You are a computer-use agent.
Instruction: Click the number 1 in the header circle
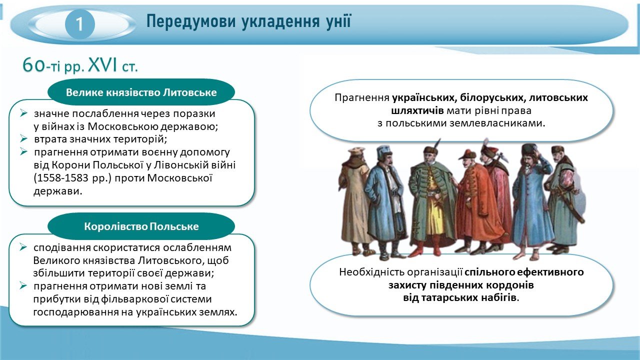79,24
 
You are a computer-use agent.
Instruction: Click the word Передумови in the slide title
191,21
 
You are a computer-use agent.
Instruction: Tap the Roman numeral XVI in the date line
103,65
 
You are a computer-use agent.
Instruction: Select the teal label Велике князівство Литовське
141,92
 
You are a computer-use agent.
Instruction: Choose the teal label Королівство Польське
141,226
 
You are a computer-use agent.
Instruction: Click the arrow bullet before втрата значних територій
23,139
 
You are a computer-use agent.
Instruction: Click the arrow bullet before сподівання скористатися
23,247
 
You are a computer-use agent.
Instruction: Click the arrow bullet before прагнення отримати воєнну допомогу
23,151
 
